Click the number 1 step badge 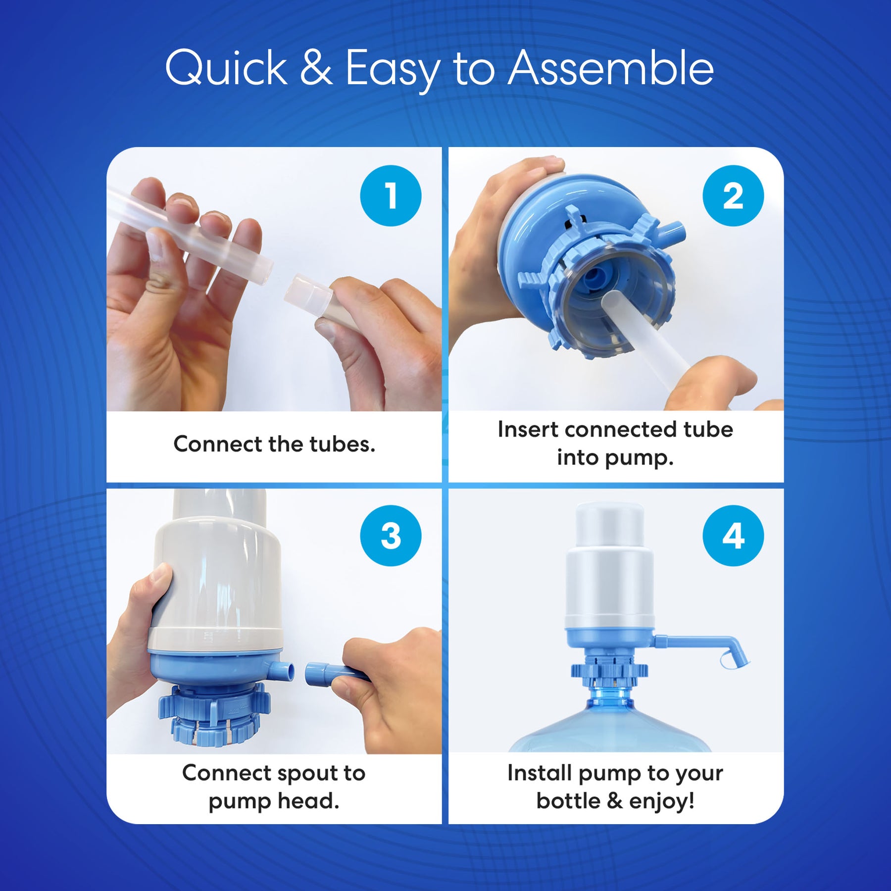[x=391, y=196]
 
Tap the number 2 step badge [x=733, y=196]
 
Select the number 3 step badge [x=391, y=536]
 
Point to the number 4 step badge [x=733, y=536]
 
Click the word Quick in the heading [x=226, y=69]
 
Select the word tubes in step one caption [x=342, y=444]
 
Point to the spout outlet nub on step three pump [x=284, y=671]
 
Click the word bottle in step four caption [x=568, y=801]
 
